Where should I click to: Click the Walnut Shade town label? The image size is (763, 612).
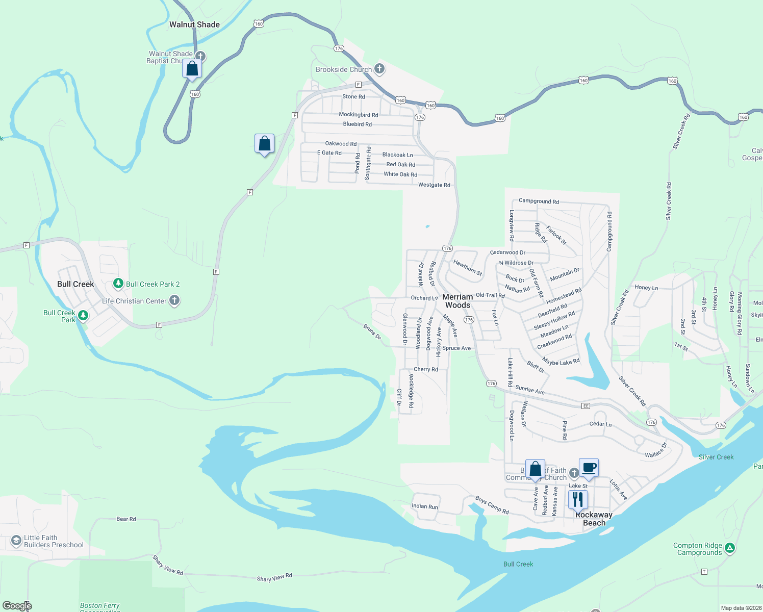pyautogui.click(x=194, y=24)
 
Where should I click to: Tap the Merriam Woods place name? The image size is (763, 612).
pyautogui.click(x=457, y=301)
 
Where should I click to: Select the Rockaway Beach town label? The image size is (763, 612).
pyautogui.click(x=594, y=519)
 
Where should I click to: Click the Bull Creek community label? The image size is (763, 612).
pyautogui.click(x=75, y=284)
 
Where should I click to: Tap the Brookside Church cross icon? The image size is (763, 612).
pyautogui.click(x=379, y=68)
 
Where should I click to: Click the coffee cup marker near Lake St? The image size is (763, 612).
pyautogui.click(x=589, y=468)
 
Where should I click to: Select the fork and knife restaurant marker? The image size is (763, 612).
pyautogui.click(x=577, y=499)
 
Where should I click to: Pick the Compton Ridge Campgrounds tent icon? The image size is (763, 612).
pyautogui.click(x=730, y=548)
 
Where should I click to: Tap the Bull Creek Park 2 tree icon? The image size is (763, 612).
pyautogui.click(x=118, y=283)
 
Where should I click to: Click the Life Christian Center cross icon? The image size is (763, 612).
pyautogui.click(x=174, y=300)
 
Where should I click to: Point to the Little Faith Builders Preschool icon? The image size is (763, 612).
pyautogui.click(x=16, y=541)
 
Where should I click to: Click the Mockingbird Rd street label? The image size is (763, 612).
pyautogui.click(x=359, y=115)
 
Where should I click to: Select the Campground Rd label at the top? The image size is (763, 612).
pyautogui.click(x=539, y=201)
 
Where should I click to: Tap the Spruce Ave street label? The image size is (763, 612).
pyautogui.click(x=456, y=348)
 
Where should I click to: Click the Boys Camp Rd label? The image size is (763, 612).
pyautogui.click(x=492, y=505)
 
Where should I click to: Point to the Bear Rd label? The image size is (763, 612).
pyautogui.click(x=126, y=519)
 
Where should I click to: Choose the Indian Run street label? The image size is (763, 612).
pyautogui.click(x=425, y=506)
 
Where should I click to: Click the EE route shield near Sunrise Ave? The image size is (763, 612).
pyautogui.click(x=586, y=406)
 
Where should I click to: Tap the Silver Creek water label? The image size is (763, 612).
pyautogui.click(x=716, y=457)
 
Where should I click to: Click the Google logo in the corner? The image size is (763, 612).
pyautogui.click(x=17, y=606)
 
